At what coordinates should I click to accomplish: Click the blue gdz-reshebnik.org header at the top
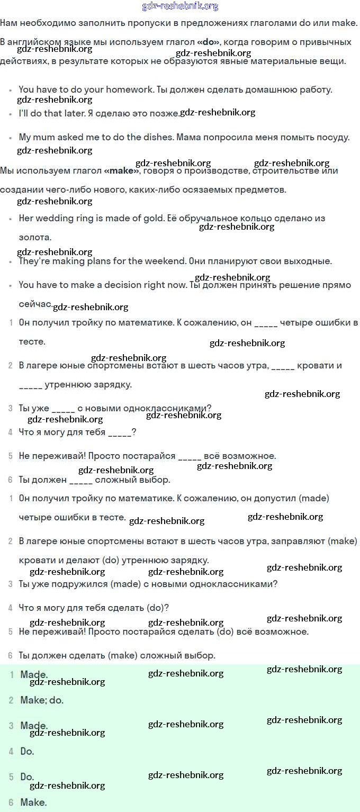click(180, 6)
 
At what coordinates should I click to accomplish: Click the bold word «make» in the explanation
click(122, 171)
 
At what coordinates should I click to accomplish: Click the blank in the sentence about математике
click(266, 323)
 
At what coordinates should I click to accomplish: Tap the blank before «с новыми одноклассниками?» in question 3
click(64, 408)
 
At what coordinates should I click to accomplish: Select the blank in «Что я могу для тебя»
click(120, 432)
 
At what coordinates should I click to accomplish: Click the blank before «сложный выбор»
click(81, 480)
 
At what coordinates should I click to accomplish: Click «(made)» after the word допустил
click(314, 499)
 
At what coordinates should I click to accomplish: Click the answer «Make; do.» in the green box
click(42, 700)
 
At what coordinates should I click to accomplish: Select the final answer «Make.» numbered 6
click(33, 802)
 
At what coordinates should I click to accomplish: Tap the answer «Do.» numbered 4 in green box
click(27, 751)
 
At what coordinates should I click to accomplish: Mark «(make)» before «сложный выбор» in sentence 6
click(123, 655)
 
